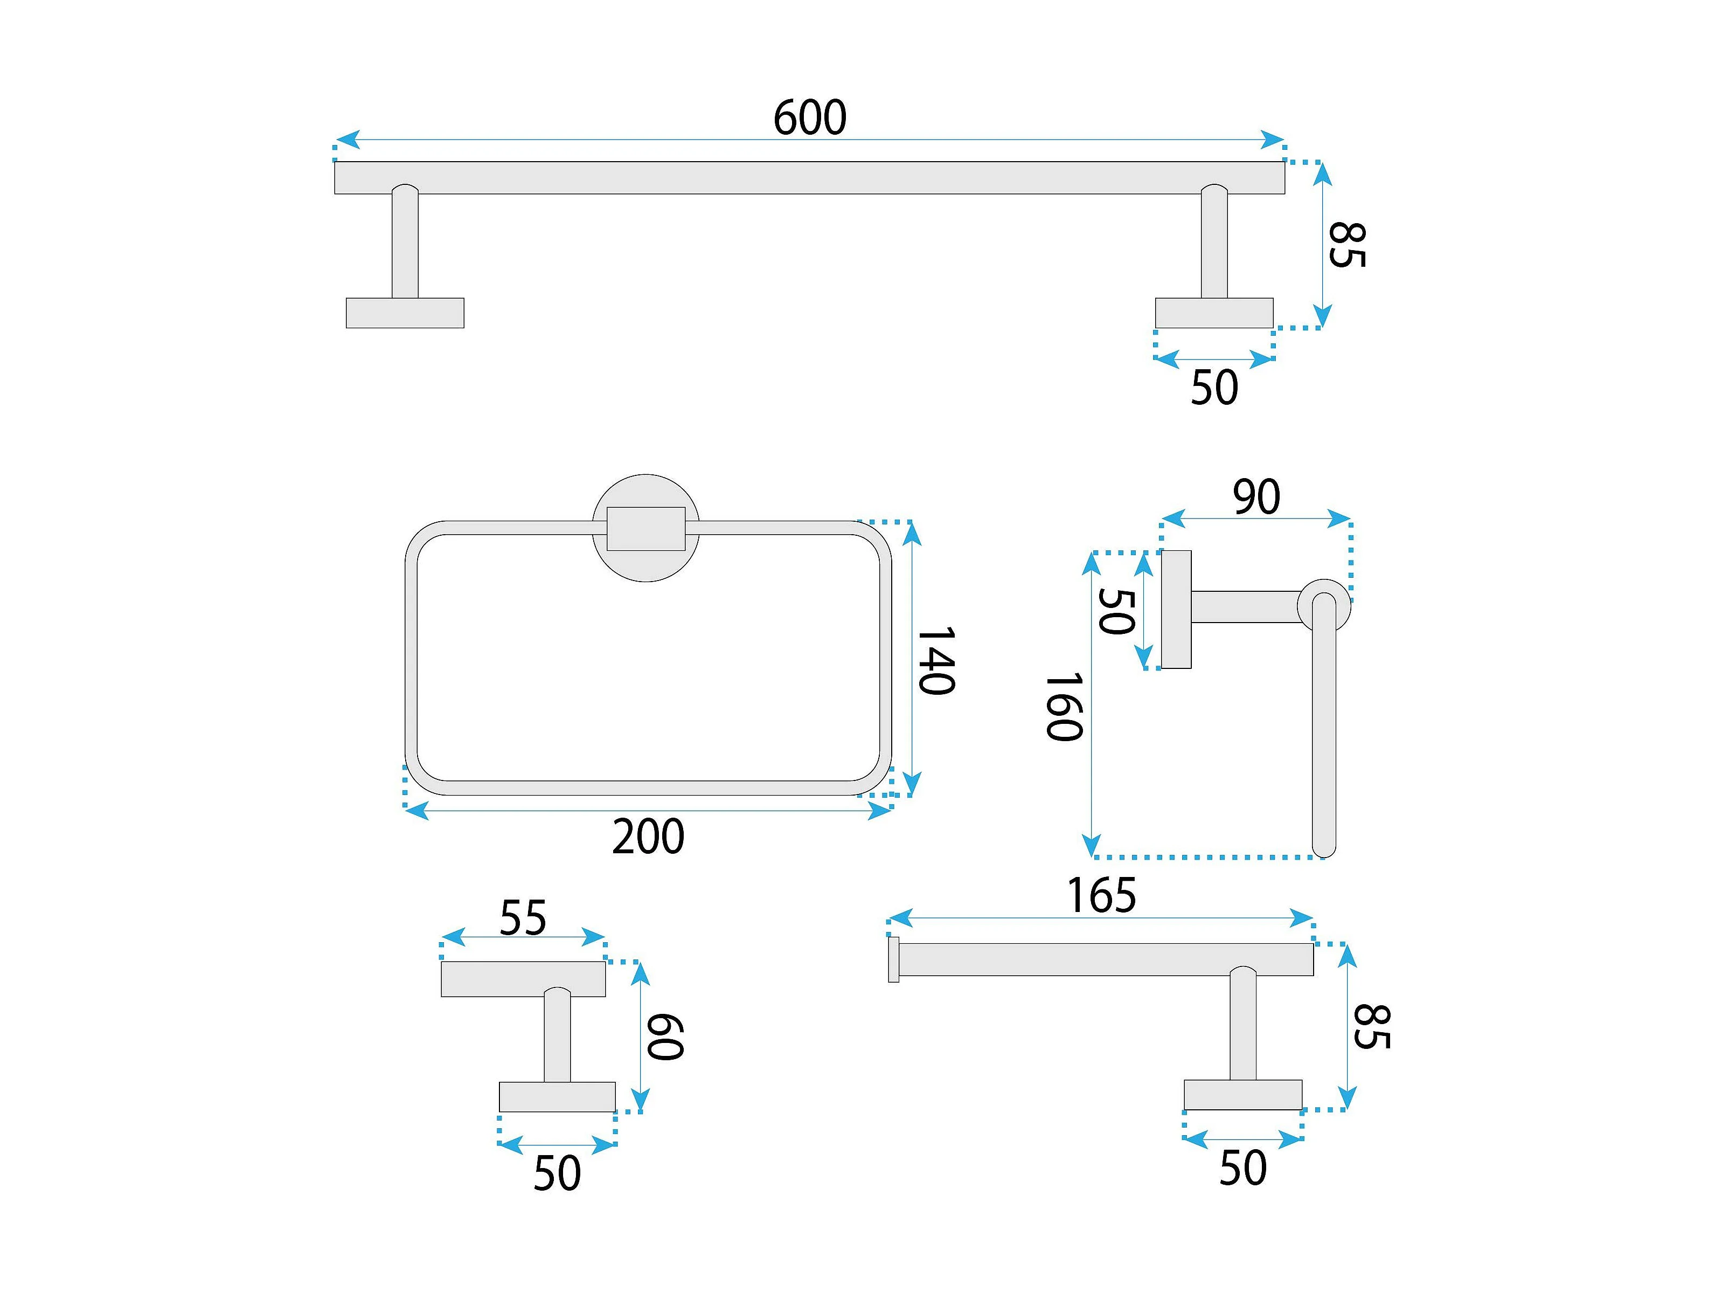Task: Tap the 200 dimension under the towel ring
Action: [x=648, y=837]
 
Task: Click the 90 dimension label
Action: [x=1256, y=497]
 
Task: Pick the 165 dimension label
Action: [x=1101, y=896]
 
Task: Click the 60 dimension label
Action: [x=665, y=1037]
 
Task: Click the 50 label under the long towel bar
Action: [x=1214, y=387]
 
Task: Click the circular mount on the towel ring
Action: [x=646, y=567]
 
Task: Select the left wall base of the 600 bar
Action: [x=405, y=313]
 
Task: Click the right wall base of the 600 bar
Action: [x=1214, y=313]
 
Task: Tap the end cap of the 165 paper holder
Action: [x=894, y=959]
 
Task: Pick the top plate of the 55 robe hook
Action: [x=523, y=979]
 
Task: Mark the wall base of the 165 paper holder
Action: [x=1243, y=1095]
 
